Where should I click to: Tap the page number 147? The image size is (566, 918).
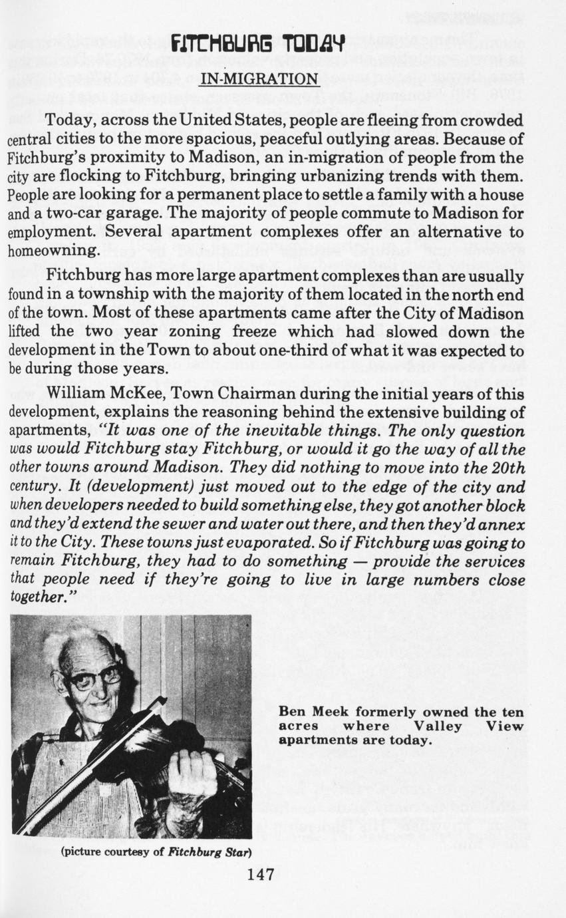260,874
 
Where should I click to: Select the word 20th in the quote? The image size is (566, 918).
509,468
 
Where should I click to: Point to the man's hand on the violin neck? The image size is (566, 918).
193,775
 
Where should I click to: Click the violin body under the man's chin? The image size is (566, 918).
133,738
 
